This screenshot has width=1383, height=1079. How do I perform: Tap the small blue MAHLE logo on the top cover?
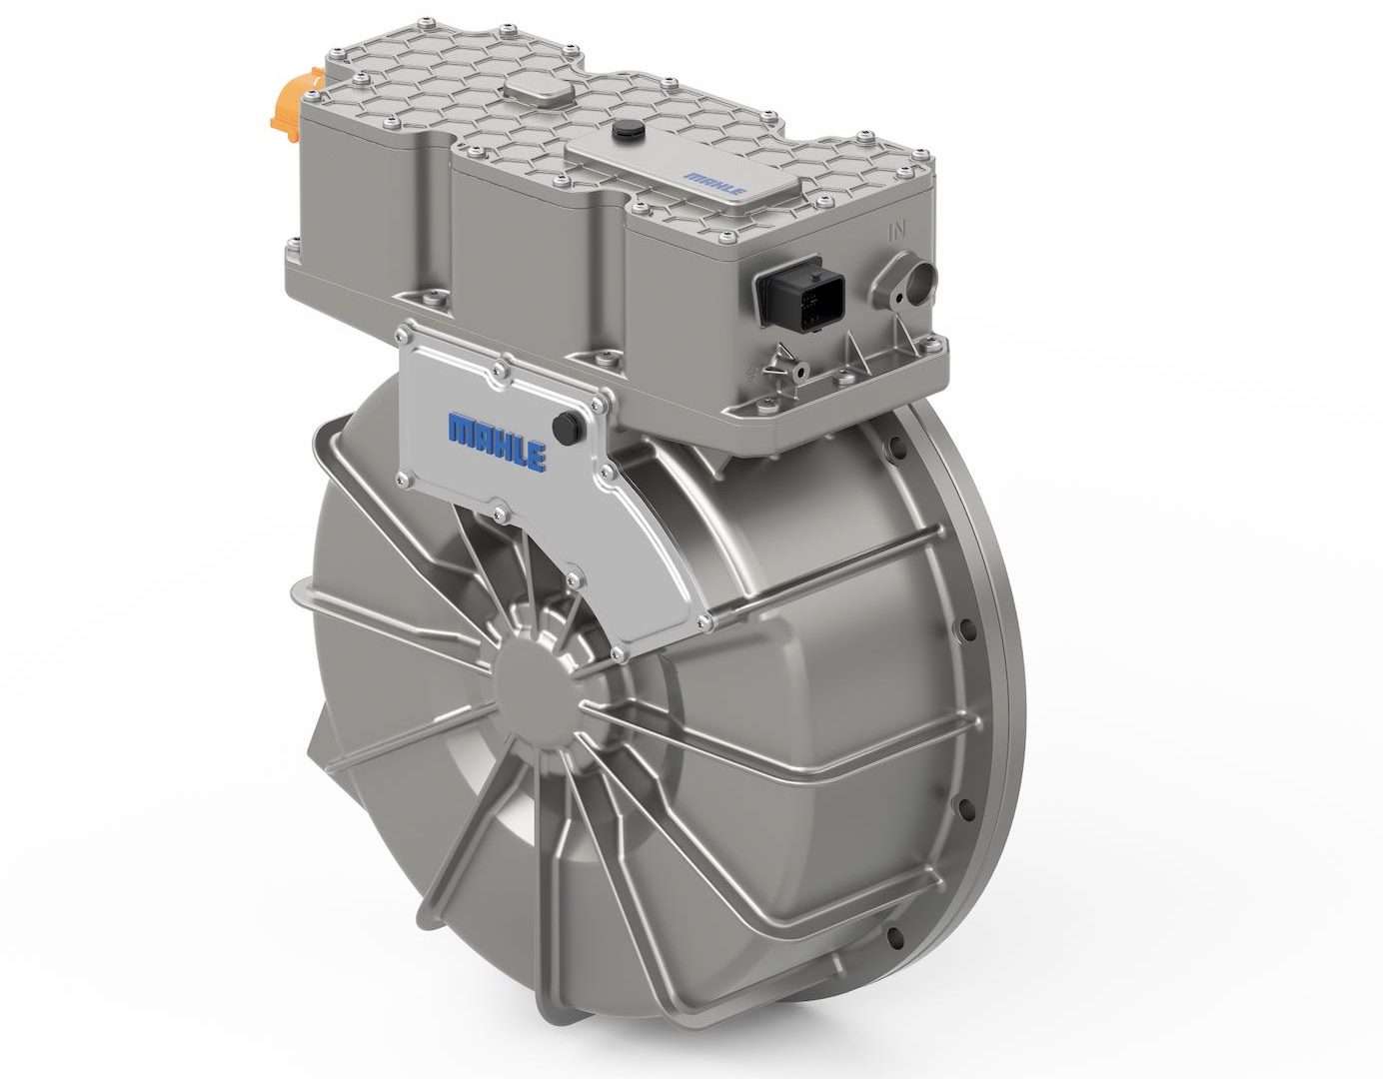coord(714,182)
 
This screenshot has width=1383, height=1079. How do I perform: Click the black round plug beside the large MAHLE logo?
coord(564,425)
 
